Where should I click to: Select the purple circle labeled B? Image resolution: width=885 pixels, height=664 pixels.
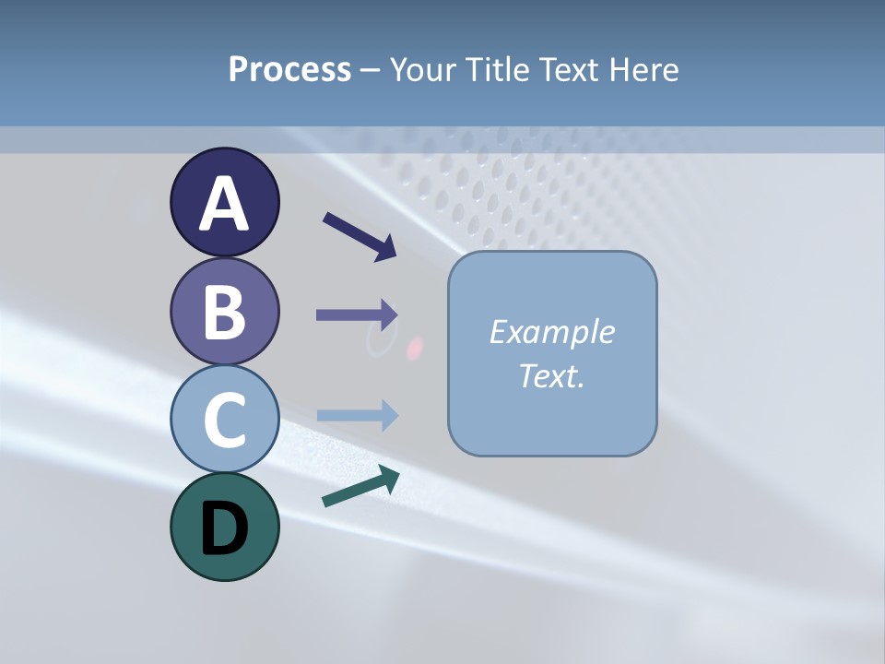click(224, 312)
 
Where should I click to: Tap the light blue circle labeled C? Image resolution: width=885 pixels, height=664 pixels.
click(224, 419)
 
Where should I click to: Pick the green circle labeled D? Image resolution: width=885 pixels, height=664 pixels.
click(224, 527)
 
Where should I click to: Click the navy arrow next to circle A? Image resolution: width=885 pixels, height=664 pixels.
click(360, 236)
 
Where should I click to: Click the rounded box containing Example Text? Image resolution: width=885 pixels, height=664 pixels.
click(552, 353)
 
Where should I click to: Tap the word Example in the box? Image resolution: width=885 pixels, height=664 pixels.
click(552, 332)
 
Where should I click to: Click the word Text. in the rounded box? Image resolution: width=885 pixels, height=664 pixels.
click(552, 376)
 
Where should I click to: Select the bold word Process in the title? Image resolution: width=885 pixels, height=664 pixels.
click(289, 70)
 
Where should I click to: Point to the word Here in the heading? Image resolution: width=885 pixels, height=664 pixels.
click(644, 70)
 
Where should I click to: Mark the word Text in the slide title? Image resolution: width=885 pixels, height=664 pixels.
click(568, 70)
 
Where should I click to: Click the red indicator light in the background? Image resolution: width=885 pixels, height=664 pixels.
click(415, 348)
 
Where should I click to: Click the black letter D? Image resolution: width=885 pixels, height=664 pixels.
click(224, 529)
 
